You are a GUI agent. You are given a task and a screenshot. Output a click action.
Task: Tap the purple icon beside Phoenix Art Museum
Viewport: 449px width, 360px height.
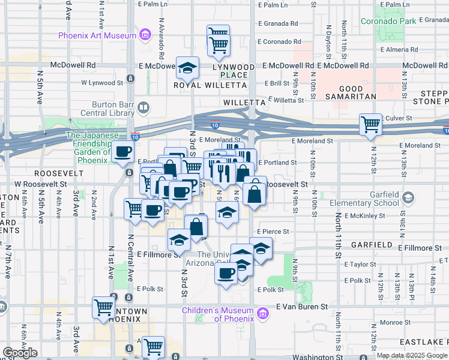[145, 35]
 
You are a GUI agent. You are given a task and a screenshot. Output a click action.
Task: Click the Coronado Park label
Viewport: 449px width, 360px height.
[388, 21]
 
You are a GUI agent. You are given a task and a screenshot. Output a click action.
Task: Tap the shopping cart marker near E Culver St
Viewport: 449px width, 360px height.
[370, 125]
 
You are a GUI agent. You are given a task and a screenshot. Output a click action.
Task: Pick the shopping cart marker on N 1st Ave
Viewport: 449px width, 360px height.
[104, 307]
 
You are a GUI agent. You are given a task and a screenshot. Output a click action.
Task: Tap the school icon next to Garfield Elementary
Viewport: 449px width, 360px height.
[408, 197]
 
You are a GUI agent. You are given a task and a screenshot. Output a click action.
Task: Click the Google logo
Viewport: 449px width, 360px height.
[20, 353]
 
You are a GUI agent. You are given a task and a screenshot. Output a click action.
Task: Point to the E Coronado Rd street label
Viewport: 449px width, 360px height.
[279, 42]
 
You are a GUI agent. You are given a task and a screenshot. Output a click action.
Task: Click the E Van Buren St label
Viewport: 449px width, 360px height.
[302, 306]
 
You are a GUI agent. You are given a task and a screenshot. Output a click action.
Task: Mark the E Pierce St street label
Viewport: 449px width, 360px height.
[273, 231]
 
